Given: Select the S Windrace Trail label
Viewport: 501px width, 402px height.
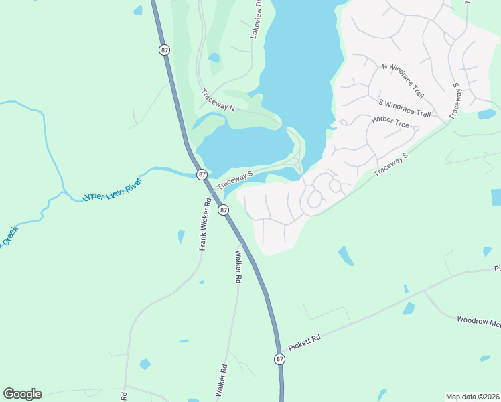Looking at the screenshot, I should (405, 108).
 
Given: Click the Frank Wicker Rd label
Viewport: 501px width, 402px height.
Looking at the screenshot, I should (204, 224).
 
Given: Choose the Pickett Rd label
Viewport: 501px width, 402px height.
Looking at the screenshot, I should (305, 342).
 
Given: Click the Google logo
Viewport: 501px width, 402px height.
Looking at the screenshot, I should (22, 394).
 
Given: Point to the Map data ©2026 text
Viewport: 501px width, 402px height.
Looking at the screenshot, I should (472, 397).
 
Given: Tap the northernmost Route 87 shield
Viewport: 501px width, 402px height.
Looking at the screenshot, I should (164, 50).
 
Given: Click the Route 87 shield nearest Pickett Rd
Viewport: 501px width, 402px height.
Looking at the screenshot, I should (279, 359).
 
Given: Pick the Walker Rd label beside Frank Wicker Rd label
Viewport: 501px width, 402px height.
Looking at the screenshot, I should (237, 267).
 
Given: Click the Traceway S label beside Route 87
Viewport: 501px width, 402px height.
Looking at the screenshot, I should (234, 179).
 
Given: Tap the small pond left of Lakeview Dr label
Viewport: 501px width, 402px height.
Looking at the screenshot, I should (214, 58).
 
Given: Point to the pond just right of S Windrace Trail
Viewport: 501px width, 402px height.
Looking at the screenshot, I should (487, 114).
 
